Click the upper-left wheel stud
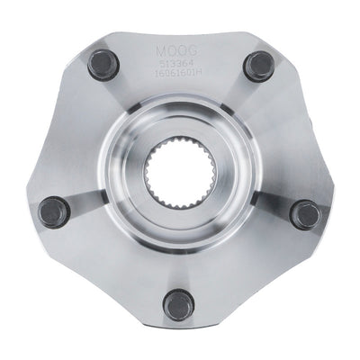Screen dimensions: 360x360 tap(102, 65)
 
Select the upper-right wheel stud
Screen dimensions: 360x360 tap(259, 65)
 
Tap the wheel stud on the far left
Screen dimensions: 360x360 tap(54, 212)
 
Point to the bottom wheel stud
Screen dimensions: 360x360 tap(179, 303)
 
